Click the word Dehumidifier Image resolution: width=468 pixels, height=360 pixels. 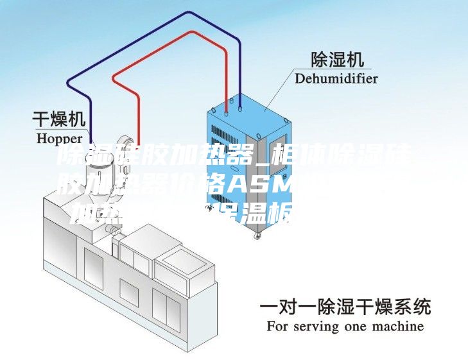pyautogui.click(x=336, y=79)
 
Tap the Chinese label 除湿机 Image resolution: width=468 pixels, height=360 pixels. pyautogui.click(x=337, y=60)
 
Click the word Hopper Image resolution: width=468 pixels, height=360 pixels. pyautogui.click(x=60, y=137)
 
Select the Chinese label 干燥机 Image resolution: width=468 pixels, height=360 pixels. pyautogui.click(x=59, y=119)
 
